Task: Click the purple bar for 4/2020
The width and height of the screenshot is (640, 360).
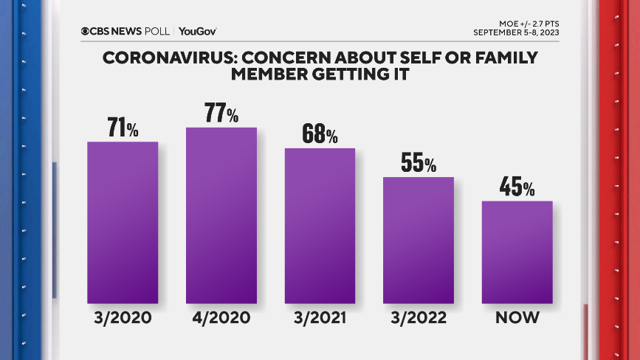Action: [x=221, y=215]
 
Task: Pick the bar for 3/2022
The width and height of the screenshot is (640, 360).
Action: [x=418, y=240]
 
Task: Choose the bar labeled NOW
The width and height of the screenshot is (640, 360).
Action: [x=517, y=252]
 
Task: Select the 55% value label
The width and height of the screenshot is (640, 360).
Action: [x=418, y=162]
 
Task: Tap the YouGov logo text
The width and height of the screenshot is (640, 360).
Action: [x=197, y=31]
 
